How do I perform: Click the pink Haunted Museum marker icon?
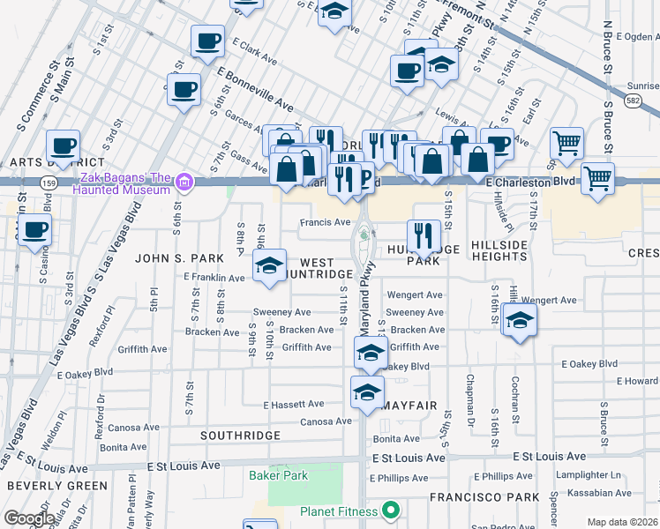[x=184, y=183]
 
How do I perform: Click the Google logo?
[x=28, y=518]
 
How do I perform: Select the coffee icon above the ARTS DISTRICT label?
[x=63, y=145]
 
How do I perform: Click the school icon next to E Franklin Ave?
[x=270, y=264]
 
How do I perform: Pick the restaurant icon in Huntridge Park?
[x=424, y=235]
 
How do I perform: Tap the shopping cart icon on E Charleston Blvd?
[x=597, y=179]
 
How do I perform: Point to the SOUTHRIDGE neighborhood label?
[x=239, y=436]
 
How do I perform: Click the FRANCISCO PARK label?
[x=484, y=497]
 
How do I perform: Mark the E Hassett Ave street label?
[x=295, y=405]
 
